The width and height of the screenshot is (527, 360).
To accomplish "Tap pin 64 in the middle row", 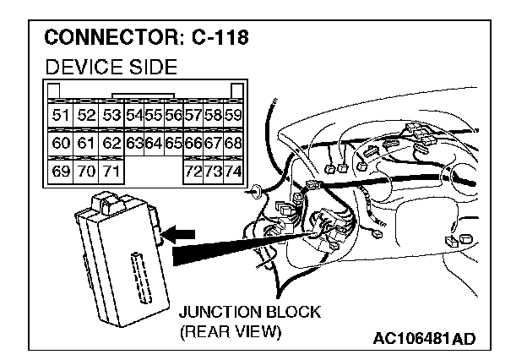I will [153, 144].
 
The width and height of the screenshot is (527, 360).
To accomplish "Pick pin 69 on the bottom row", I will [61, 172].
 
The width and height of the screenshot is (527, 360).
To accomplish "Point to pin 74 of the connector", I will [233, 172].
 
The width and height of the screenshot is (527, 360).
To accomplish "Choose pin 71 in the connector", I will [110, 172].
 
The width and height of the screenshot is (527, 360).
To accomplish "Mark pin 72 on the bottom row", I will [193, 172].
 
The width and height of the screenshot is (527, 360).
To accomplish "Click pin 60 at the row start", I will [61, 144].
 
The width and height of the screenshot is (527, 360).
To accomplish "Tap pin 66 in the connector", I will [193, 144].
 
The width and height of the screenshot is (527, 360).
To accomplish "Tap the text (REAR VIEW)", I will [229, 331].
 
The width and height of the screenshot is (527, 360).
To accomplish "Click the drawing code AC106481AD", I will [424, 339].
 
